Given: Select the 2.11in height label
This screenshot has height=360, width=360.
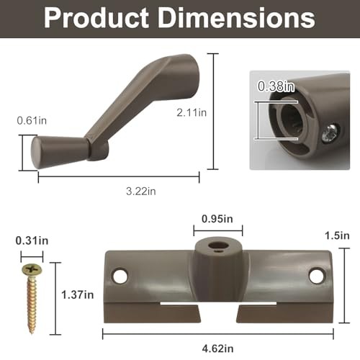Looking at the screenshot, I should click(192, 112).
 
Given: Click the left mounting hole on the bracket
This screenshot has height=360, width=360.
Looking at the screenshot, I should click(120, 275).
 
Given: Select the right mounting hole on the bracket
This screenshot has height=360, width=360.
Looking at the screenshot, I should click(315, 274).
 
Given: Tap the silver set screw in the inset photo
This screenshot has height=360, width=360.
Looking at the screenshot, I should click(329, 131).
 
